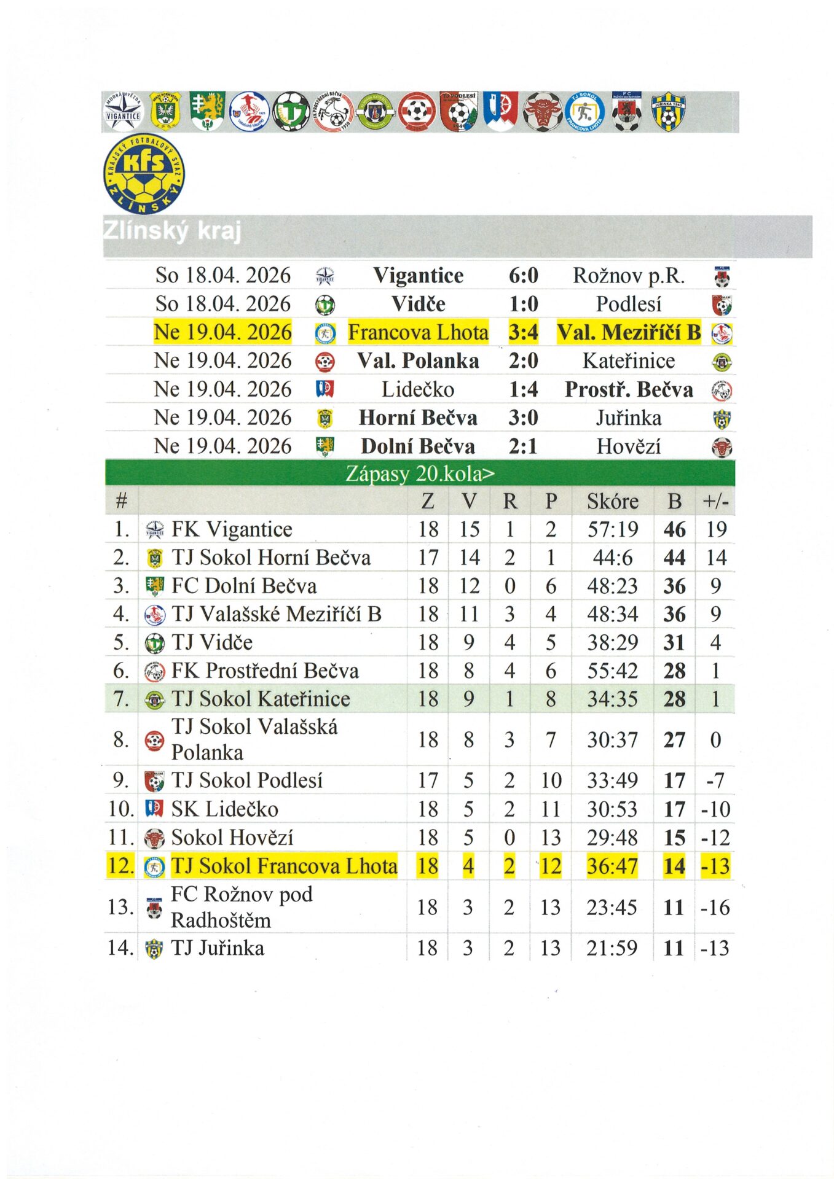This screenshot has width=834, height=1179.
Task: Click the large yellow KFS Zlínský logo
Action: click(x=144, y=174)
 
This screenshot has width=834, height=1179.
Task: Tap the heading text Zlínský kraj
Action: click(x=171, y=231)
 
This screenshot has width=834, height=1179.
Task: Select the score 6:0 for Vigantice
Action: click(x=523, y=276)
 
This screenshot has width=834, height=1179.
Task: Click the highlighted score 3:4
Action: click(x=523, y=332)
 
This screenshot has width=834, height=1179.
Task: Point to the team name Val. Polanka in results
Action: click(x=418, y=361)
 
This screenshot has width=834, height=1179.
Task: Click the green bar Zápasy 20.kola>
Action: click(x=420, y=474)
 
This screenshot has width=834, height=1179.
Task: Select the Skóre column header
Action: click(x=612, y=502)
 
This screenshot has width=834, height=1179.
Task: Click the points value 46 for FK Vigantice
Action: click(x=674, y=529)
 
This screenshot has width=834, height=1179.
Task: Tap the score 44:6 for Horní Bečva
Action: click(x=612, y=558)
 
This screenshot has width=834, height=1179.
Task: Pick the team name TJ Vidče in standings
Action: click(x=212, y=642)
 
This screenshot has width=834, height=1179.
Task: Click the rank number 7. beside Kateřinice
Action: click(x=121, y=699)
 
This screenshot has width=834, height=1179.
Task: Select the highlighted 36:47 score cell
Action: click(x=612, y=866)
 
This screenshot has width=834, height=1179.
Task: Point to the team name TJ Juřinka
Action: click(x=218, y=948)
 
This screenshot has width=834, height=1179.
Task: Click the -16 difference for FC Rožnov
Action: click(x=715, y=908)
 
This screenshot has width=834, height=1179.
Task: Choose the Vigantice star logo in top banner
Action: click(x=123, y=112)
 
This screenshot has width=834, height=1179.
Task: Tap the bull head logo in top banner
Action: click(x=542, y=112)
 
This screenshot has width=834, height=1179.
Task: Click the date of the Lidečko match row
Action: click(x=222, y=389)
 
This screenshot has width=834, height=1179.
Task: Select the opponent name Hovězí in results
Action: click(x=628, y=446)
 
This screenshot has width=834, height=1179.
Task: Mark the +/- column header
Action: click(x=715, y=502)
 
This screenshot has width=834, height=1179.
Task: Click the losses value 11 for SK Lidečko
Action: click(x=551, y=809)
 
